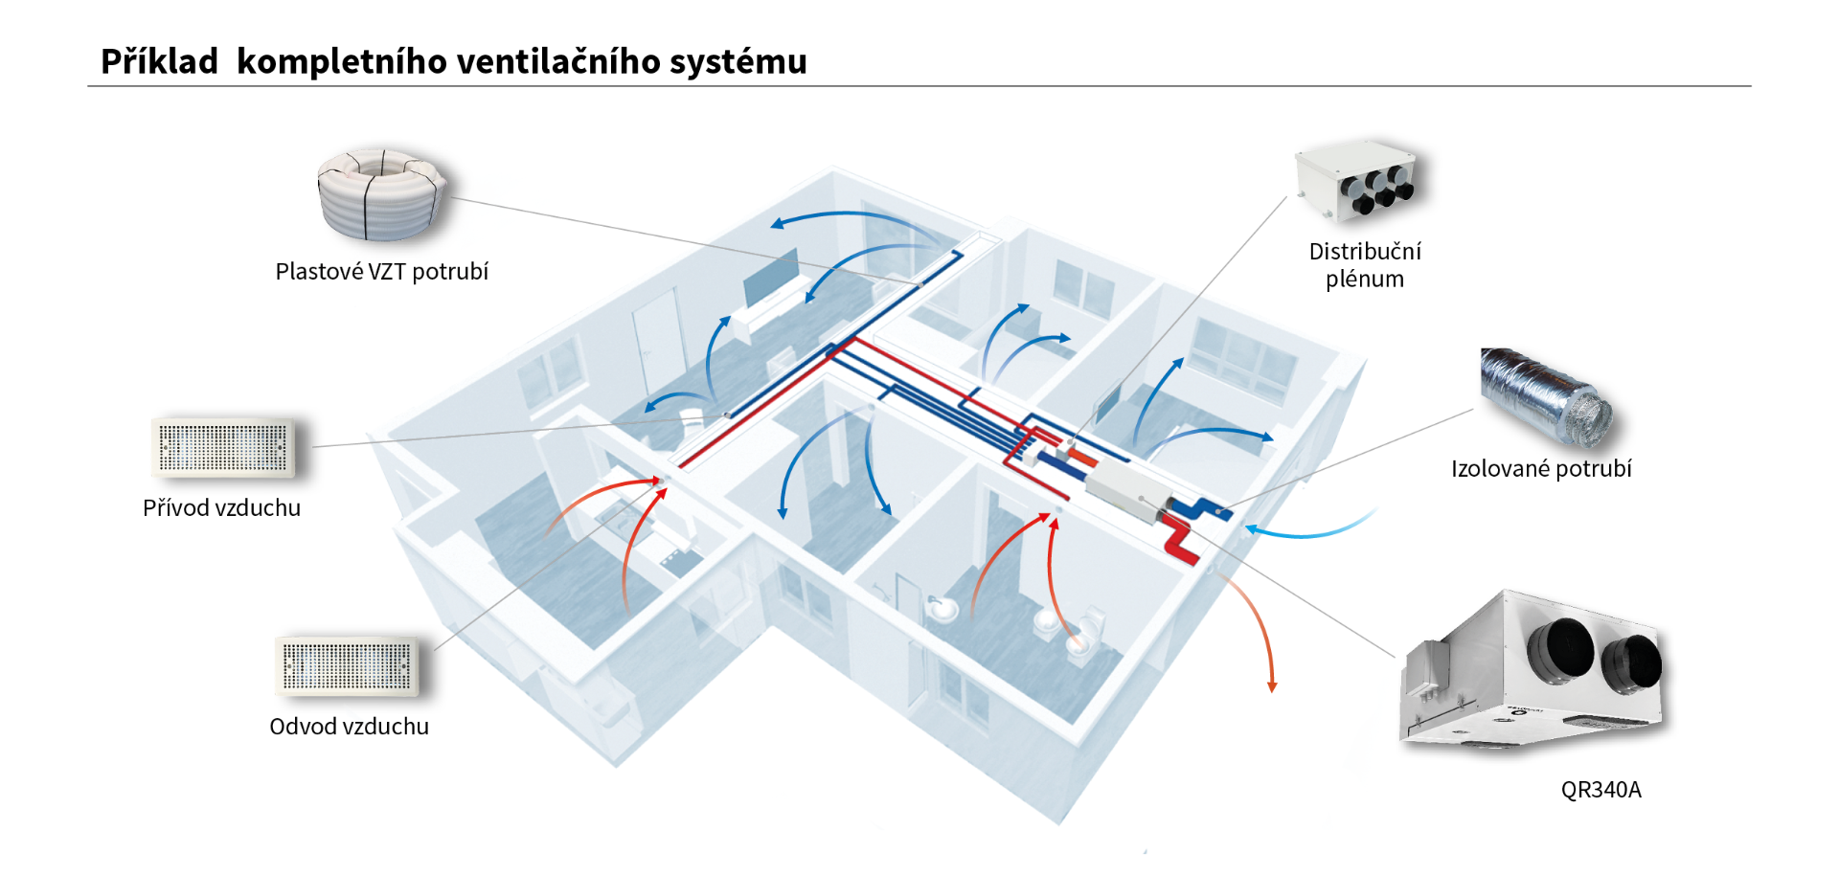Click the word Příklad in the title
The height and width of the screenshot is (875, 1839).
(159, 62)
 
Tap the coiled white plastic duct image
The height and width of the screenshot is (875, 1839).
(381, 194)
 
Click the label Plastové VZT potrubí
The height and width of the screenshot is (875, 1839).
(381, 272)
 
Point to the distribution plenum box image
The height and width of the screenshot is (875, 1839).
(1358, 182)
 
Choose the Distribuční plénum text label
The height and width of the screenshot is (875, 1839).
(1365, 265)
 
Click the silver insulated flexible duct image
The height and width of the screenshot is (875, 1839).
(1544, 397)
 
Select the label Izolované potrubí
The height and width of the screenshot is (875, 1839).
(1541, 469)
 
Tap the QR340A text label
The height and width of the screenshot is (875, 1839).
(1601, 790)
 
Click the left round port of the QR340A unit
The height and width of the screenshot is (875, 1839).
(1561, 651)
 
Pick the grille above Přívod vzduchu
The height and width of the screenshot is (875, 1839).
(223, 448)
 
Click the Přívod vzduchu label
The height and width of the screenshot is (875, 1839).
(221, 508)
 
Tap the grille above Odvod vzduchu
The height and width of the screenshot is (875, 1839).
(347, 665)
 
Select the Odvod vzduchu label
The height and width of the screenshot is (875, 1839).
(349, 727)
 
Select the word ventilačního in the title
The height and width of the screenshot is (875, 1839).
(558, 62)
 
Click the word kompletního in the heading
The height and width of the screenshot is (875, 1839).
(342, 62)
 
